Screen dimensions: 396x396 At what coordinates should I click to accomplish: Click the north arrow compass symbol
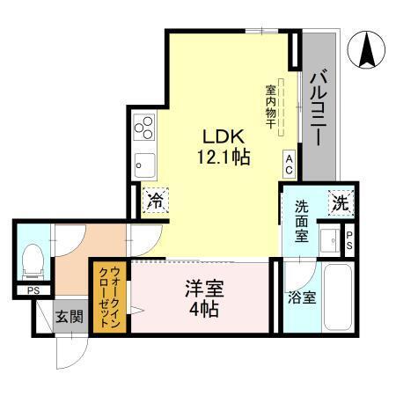click(368, 50)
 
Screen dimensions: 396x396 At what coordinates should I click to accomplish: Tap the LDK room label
click(224, 138)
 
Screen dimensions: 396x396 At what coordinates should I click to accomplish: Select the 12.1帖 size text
click(224, 159)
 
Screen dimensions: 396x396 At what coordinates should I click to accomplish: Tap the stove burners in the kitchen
click(143, 129)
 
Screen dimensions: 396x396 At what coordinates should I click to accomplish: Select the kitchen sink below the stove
click(143, 163)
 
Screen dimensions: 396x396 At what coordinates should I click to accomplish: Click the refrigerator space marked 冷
click(155, 200)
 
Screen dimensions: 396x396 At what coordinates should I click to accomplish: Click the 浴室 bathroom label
click(302, 298)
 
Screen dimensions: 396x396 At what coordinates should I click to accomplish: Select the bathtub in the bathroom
click(337, 297)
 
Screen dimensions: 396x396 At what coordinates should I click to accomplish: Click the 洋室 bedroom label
click(202, 288)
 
